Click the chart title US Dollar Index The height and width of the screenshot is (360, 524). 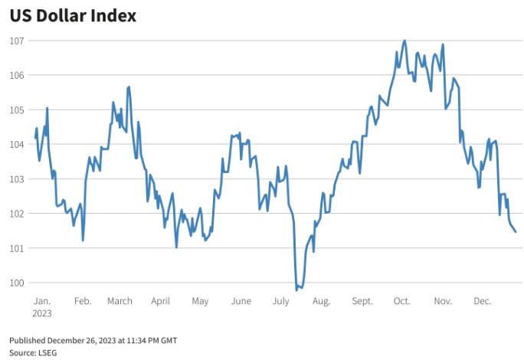(73, 16)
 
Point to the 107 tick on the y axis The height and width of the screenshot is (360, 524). (18, 41)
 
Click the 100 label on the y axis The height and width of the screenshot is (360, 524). (18, 283)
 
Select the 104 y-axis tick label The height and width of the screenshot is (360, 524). (18, 144)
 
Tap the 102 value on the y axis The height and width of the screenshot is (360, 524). (18, 213)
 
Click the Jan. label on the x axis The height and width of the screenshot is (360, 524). (41, 301)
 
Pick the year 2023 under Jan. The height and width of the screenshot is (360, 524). (42, 313)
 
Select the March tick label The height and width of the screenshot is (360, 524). (120, 301)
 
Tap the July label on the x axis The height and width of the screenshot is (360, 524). (280, 301)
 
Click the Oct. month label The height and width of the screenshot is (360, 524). (401, 301)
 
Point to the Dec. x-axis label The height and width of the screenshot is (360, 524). (482, 301)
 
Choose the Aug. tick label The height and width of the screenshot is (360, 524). (321, 301)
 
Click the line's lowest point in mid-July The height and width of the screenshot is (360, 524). (296, 290)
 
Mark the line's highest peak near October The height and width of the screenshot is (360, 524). (404, 41)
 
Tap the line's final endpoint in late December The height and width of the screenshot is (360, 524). (516, 232)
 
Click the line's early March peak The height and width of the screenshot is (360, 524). (129, 87)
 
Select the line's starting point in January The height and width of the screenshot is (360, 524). (35, 139)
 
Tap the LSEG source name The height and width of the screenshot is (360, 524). (47, 352)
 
